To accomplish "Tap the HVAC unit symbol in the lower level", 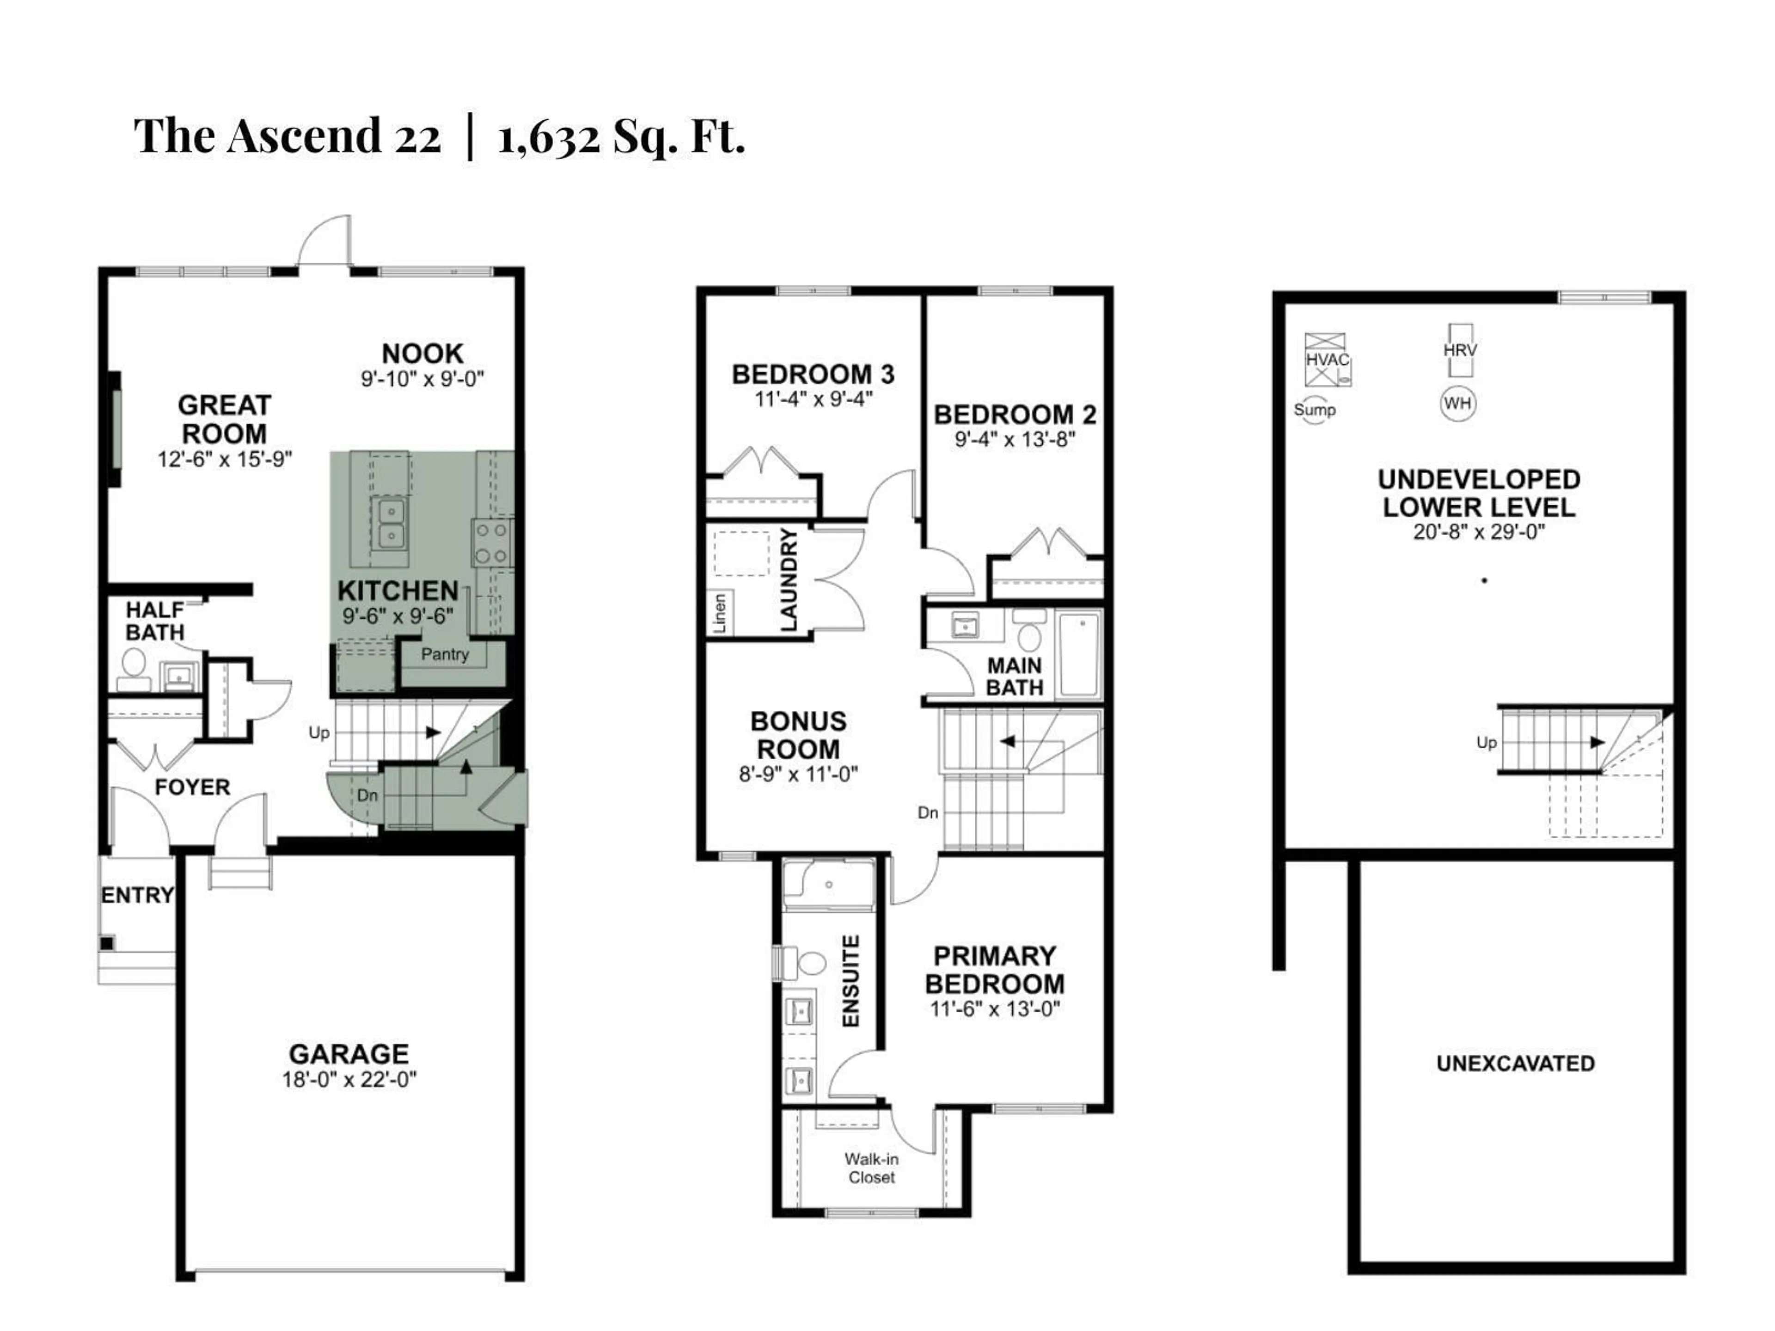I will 1327,360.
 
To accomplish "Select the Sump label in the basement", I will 1315,410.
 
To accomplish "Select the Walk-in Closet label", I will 871,1168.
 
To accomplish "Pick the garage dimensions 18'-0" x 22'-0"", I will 349,1080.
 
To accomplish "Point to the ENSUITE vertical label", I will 851,980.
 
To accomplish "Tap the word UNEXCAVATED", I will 1515,1064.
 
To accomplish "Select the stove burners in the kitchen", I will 491,543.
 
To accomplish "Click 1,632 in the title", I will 548,136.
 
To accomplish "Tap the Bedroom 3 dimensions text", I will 813,399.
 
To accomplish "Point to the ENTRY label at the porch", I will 137,895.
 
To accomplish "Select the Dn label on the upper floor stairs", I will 928,813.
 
